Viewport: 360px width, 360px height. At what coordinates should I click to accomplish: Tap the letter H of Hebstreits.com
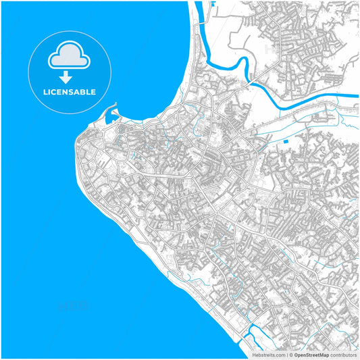pos(254,355)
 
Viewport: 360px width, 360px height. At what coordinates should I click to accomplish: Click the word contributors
pos(343,355)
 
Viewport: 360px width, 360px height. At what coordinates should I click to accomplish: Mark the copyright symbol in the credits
pos(289,355)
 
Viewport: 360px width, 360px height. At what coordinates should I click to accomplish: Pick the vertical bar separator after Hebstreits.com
pos(286,355)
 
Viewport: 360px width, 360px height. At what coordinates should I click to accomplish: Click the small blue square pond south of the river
pos(286,141)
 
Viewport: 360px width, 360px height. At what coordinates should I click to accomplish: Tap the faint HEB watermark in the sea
pos(74,306)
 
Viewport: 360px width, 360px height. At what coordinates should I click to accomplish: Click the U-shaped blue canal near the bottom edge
pos(253,334)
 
